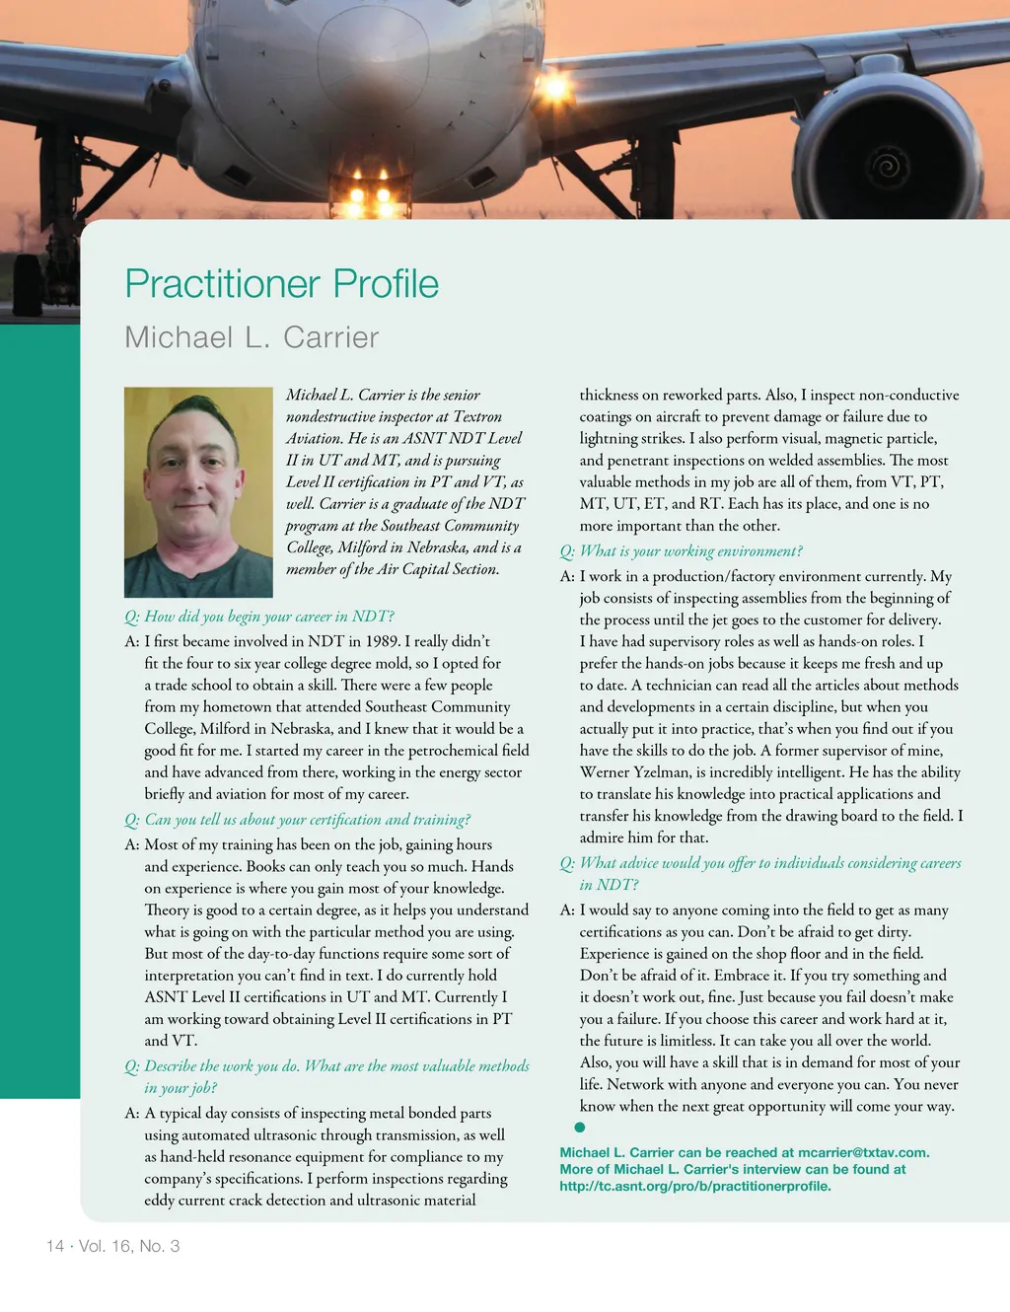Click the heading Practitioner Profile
click(x=281, y=284)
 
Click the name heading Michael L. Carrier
click(x=252, y=337)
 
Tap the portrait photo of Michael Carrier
click(x=198, y=491)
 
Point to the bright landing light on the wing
click(x=555, y=90)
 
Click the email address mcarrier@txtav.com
click(x=863, y=1152)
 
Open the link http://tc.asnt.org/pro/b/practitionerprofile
click(x=694, y=1186)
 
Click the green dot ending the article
click(x=580, y=1128)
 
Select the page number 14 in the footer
click(x=55, y=1246)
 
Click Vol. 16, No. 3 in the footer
click(x=129, y=1246)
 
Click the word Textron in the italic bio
click(x=477, y=416)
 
